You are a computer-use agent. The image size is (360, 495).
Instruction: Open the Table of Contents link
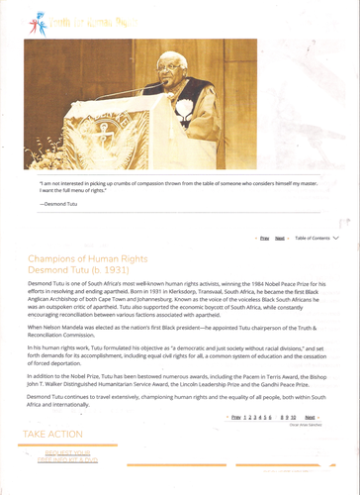click(x=312, y=239)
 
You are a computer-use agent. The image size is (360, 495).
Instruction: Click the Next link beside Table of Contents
click(x=280, y=239)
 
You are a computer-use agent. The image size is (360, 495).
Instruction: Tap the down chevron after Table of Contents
click(x=336, y=239)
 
